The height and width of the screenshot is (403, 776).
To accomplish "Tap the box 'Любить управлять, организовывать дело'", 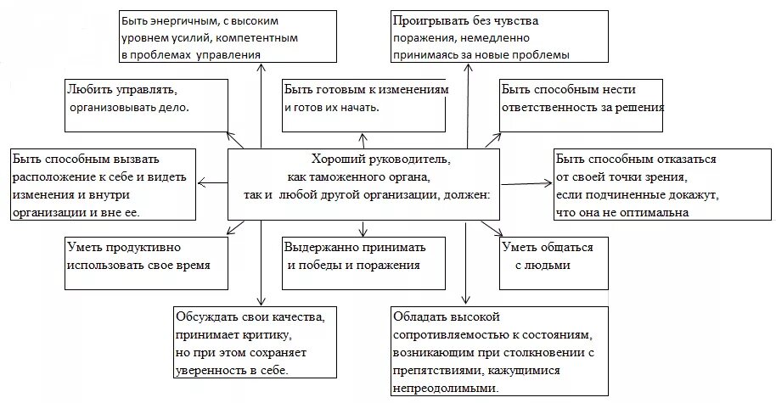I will pos(145,104).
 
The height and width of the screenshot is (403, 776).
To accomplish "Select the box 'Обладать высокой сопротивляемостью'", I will pos(499,350).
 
